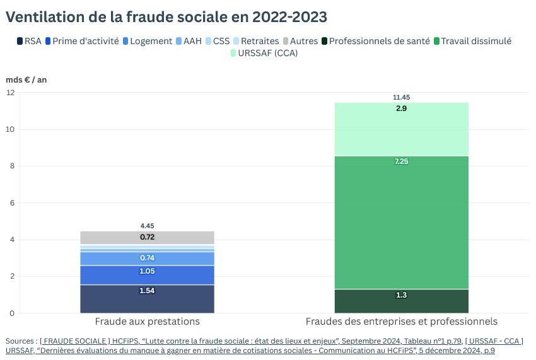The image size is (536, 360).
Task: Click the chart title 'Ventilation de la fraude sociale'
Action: click(166, 17)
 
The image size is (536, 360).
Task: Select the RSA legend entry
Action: click(29, 41)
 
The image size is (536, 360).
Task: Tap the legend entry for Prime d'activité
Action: click(82, 41)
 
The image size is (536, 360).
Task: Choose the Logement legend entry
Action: click(148, 41)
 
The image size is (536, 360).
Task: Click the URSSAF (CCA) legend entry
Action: click(264, 53)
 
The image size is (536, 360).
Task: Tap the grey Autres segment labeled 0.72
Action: click(147, 238)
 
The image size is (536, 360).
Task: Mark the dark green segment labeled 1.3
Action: click(402, 301)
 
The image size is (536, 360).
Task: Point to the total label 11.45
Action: click(402, 98)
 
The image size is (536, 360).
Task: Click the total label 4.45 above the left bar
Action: click(147, 226)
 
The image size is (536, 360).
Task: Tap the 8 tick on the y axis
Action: click(11, 166)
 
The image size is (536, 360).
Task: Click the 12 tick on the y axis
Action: click(9, 93)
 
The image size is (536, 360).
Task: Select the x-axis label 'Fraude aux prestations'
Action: click(147, 321)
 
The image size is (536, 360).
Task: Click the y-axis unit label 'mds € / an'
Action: click(26, 79)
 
